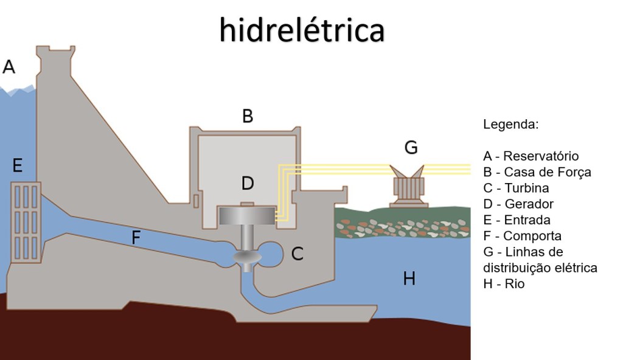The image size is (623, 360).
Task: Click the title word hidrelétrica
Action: (x=302, y=29)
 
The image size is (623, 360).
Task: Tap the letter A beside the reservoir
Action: (x=9, y=66)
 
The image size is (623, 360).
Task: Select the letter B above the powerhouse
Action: (x=247, y=116)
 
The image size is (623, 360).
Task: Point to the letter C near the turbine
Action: (x=297, y=254)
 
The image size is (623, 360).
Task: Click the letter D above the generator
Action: (x=247, y=183)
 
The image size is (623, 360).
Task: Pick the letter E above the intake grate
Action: (x=17, y=165)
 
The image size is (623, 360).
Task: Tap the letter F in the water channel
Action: (x=136, y=237)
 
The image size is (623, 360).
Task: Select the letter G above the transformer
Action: (x=411, y=147)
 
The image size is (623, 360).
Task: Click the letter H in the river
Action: (x=409, y=279)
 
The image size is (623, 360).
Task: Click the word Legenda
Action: (x=511, y=125)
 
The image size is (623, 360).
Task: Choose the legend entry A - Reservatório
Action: (x=531, y=156)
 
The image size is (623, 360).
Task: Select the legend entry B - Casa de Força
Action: (x=537, y=172)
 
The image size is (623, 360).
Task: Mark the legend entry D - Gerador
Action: (x=518, y=204)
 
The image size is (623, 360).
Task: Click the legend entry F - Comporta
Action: (x=522, y=235)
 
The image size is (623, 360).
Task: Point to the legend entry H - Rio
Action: (x=504, y=283)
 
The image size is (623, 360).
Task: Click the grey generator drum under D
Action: (x=247, y=216)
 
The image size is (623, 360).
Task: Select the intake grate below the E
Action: (x=26, y=221)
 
